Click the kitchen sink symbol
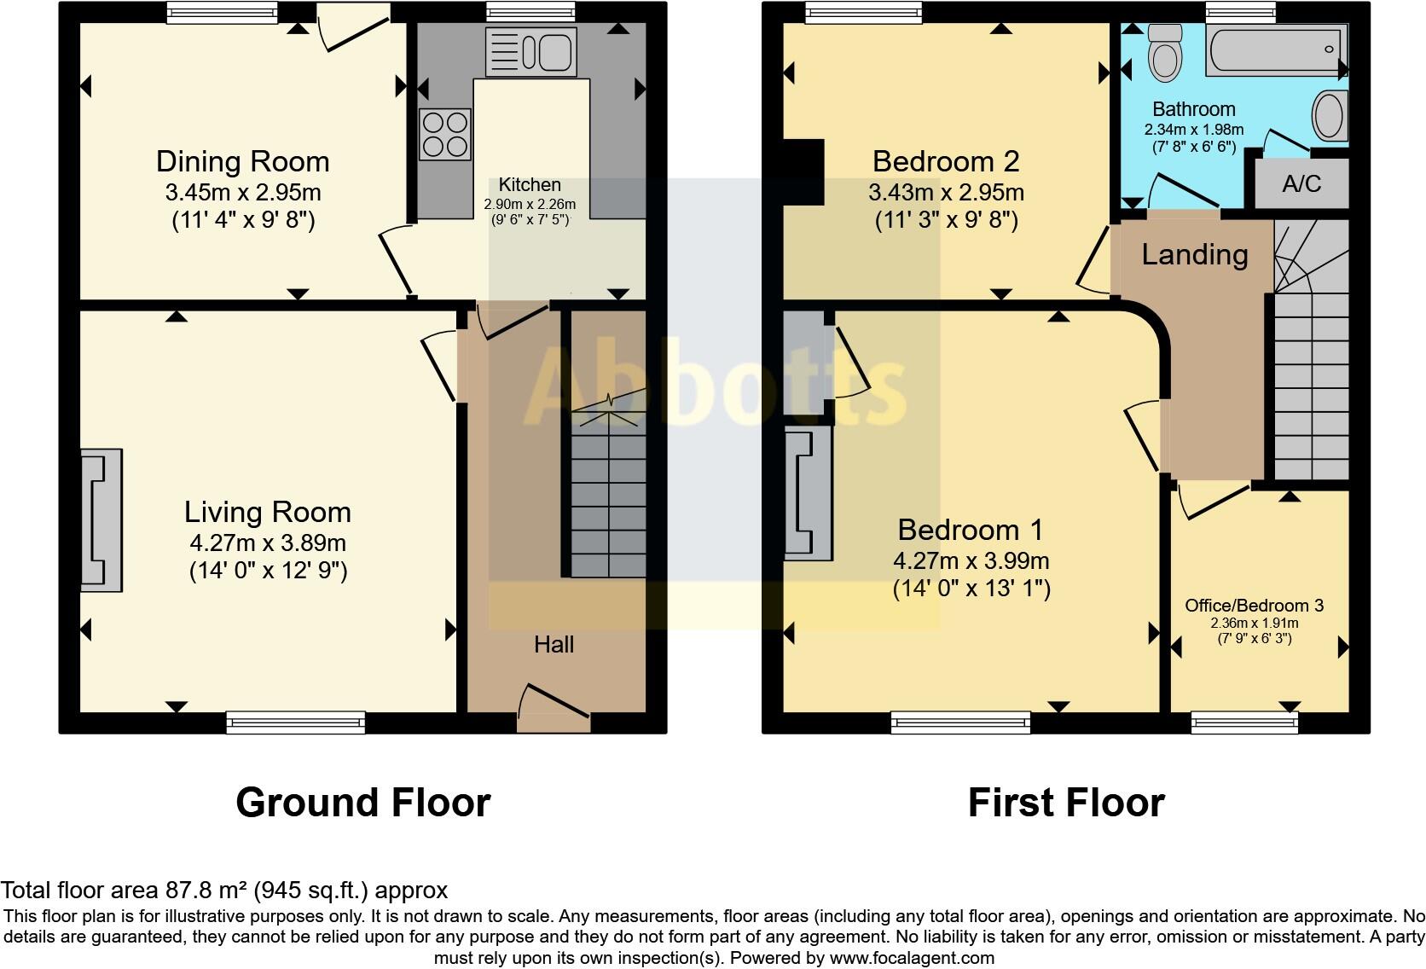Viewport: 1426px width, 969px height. [530, 52]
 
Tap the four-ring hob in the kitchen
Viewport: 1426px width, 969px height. [444, 135]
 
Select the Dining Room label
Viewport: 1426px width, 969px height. [242, 161]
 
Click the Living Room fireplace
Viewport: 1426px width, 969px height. [101, 520]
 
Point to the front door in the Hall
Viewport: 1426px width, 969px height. [554, 708]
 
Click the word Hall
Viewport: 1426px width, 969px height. [554, 645]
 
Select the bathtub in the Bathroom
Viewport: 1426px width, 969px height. [1276, 49]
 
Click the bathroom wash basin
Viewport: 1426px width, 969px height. [1329, 115]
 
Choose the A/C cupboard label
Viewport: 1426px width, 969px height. [1301, 183]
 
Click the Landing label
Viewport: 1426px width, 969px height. [1194, 254]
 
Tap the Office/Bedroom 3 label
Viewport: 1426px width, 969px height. [1254, 606]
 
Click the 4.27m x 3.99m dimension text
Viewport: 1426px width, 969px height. [971, 560]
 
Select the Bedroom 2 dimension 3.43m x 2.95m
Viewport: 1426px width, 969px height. [946, 192]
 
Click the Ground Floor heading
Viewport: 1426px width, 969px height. [362, 803]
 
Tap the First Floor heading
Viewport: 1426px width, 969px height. [1065, 803]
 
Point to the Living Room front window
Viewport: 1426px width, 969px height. [296, 722]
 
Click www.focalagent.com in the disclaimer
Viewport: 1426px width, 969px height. [912, 958]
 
